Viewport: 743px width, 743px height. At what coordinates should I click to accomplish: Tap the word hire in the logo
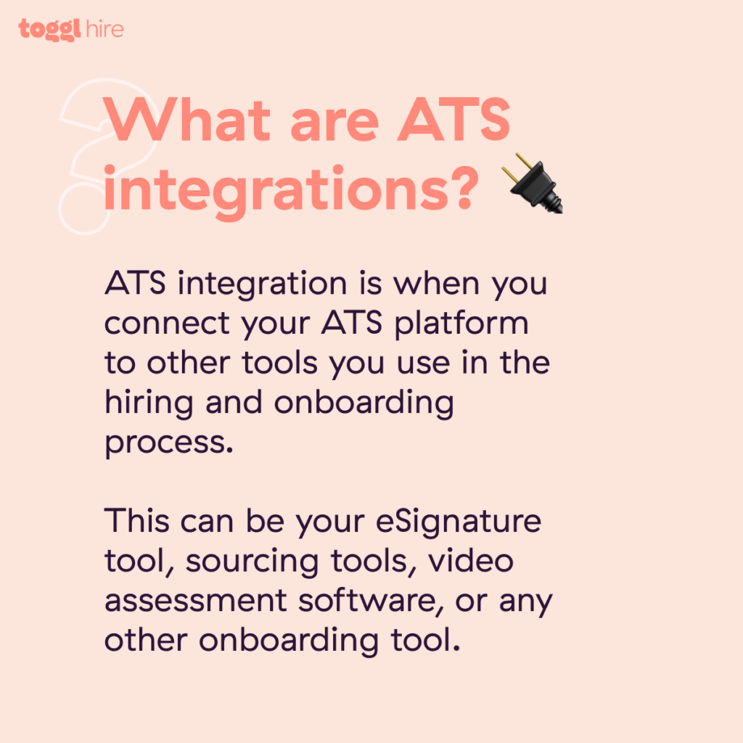(x=102, y=29)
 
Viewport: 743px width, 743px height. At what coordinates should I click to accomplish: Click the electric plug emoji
(x=535, y=183)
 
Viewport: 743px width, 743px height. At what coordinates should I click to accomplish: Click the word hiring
(x=148, y=403)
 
